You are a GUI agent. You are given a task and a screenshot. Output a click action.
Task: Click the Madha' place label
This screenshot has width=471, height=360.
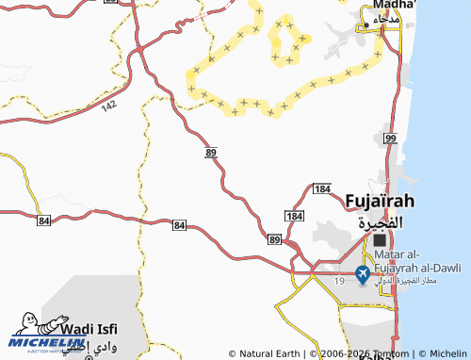coord(387,5)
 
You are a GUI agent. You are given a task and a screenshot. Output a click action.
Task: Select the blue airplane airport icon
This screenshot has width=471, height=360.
coord(363,274)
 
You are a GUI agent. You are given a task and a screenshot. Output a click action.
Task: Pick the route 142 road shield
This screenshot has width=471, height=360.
coord(109,107)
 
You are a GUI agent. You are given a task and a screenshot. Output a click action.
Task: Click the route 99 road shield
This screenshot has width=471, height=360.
coord(390,139)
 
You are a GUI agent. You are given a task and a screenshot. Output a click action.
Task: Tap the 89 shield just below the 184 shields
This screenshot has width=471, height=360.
coord(274,240)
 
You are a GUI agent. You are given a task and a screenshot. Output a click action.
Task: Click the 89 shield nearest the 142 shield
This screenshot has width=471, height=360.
coord(211,151)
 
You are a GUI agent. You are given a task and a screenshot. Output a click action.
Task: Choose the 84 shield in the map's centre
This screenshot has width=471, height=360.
coord(179,225)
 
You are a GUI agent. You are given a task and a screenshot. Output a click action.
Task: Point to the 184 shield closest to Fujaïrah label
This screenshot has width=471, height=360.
coord(323,189)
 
